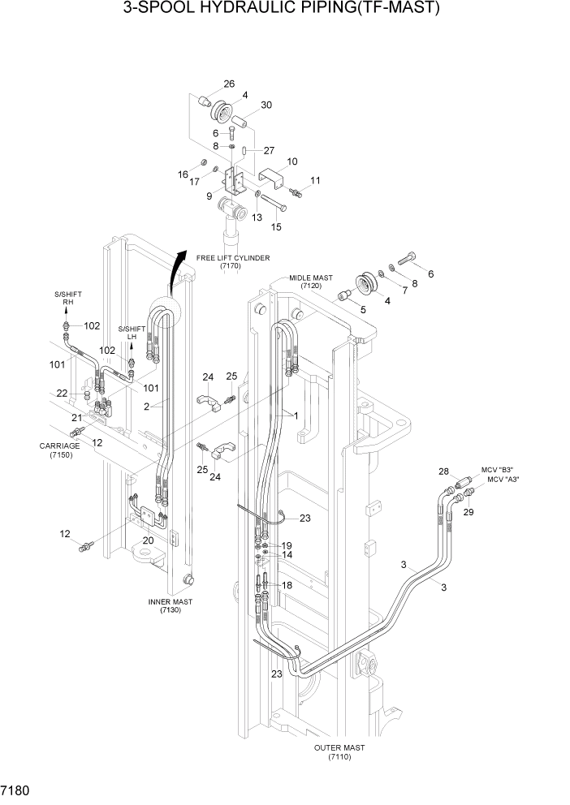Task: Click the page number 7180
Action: click(18, 789)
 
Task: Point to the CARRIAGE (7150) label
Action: click(59, 450)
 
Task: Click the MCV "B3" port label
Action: click(498, 470)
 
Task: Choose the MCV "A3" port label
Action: click(503, 480)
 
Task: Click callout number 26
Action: click(229, 84)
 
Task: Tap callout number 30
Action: click(266, 105)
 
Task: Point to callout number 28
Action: click(443, 471)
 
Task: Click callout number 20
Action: click(148, 540)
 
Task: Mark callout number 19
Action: click(287, 545)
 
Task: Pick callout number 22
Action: click(62, 393)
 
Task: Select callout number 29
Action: click(468, 513)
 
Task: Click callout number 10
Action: click(292, 162)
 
